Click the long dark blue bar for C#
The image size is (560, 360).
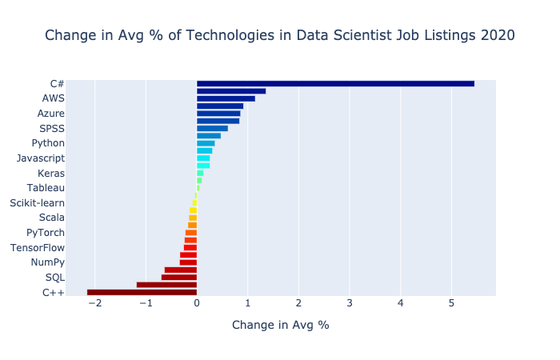point(335,83)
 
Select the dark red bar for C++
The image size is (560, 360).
point(142,292)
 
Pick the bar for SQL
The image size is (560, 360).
point(178,278)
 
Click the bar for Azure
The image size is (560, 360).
point(218,114)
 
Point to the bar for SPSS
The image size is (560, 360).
point(212,128)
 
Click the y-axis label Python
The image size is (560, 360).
point(48,143)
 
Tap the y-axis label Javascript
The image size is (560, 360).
point(41,158)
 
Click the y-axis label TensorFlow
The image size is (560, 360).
point(38,248)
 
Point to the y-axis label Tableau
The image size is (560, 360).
point(46,188)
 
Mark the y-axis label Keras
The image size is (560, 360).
point(51,173)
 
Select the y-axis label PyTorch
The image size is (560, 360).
point(46,233)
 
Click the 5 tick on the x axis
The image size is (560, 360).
point(451,303)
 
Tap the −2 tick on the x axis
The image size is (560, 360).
point(94,303)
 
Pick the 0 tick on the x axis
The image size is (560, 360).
point(197,303)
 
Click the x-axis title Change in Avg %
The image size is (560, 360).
point(280,325)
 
